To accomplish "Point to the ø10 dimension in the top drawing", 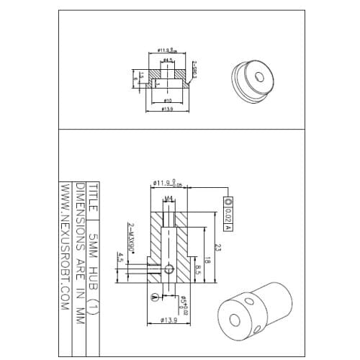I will [x=167, y=99].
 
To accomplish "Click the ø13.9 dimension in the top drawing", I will [x=167, y=109].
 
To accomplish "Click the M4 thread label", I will [x=168, y=199].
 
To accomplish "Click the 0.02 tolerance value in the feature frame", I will [x=228, y=214].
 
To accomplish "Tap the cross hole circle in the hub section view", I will [x=168, y=269].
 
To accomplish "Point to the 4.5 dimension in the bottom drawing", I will [x=120, y=258].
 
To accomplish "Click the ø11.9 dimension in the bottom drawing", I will [x=165, y=184].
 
